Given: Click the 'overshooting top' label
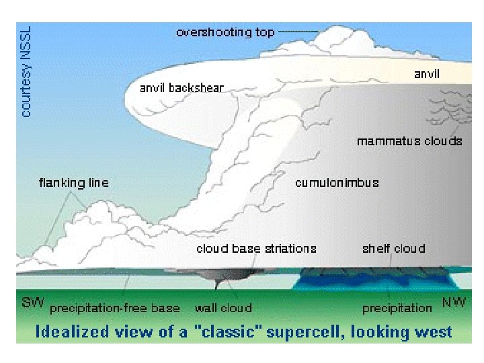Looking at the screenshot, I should pyautogui.click(x=225, y=32).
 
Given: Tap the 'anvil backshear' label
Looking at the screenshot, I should pyautogui.click(x=182, y=87).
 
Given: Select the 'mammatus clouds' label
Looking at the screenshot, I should pyautogui.click(x=409, y=141).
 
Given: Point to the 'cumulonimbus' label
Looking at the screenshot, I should pyautogui.click(x=337, y=182).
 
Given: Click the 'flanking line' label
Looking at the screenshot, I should pyautogui.click(x=73, y=182).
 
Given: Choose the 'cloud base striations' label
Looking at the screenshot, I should pyautogui.click(x=256, y=248).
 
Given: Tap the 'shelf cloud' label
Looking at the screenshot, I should pyautogui.click(x=393, y=248).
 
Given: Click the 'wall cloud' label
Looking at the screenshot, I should pyautogui.click(x=223, y=308).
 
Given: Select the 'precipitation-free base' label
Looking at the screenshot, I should pyautogui.click(x=115, y=308).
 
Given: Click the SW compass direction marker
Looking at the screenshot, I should pyautogui.click(x=33, y=303).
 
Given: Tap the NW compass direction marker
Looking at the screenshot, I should pyautogui.click(x=454, y=303).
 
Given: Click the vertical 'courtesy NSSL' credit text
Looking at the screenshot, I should pyautogui.click(x=26, y=71).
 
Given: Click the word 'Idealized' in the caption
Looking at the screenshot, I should pyautogui.click(x=71, y=331).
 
